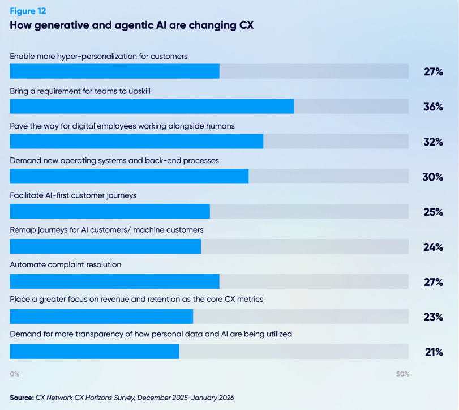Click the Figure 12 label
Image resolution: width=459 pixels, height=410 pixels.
pos(28,11)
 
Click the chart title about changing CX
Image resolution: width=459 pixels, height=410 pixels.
pos(135,25)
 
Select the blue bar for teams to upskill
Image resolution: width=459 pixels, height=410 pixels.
pos(152,106)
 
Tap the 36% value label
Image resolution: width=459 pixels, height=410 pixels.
pos(433,106)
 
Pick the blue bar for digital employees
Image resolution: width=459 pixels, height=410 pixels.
pos(136,141)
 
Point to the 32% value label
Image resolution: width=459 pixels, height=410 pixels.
pos(433,142)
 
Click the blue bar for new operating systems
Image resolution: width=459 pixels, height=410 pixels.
pos(129,176)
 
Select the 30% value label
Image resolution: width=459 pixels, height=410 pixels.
pos(432,177)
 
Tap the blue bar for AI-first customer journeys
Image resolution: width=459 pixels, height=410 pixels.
pos(110,211)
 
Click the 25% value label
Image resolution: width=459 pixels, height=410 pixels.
pos(433,212)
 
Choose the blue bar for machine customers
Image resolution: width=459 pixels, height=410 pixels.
pos(105,246)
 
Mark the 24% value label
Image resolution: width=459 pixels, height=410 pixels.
pos(433,247)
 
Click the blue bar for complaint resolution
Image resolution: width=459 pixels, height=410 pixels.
pos(114,281)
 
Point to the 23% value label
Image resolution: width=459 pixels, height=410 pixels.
pos(433,317)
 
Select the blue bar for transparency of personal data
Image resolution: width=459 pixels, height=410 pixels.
pos(95,352)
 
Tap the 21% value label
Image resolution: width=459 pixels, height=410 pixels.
pos(434,352)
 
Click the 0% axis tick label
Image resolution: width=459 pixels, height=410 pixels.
pos(15,374)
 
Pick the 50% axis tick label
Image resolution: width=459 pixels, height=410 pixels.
pos(402,374)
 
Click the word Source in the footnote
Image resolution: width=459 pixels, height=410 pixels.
pos(22,398)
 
